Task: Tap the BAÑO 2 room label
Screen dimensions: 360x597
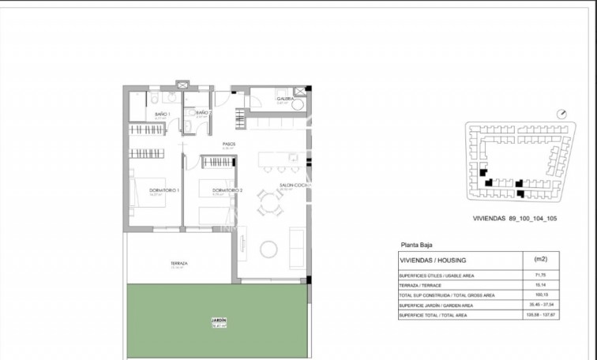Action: (204, 114)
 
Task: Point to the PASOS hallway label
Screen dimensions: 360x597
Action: (229, 144)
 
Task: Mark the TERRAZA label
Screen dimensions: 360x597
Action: (178, 264)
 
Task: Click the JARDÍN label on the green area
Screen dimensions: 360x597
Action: (219, 321)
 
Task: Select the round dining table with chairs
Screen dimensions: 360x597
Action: (272, 208)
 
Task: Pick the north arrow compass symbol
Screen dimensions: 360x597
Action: (562, 114)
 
